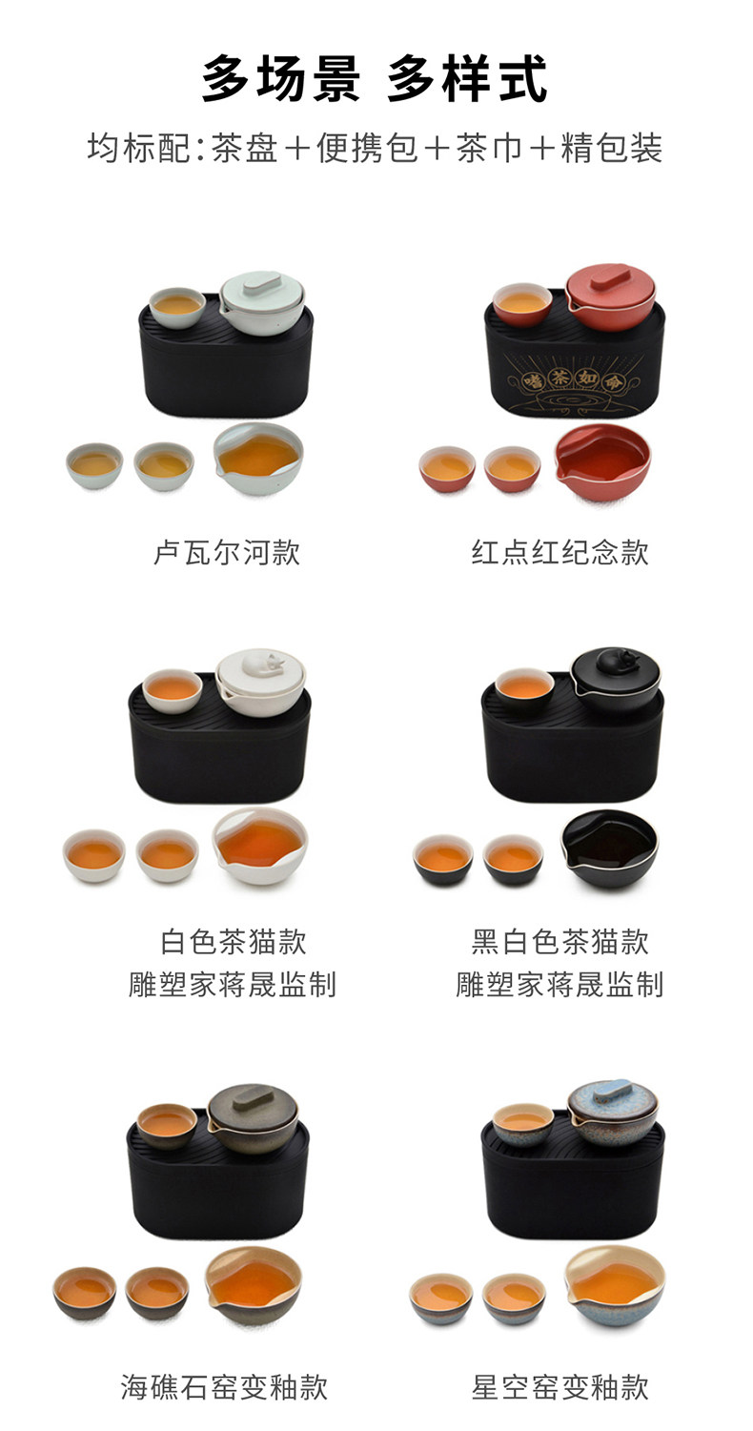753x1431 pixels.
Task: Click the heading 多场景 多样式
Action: coord(376,79)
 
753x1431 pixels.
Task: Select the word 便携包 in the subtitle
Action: coord(367,149)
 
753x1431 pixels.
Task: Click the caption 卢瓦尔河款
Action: coord(227,552)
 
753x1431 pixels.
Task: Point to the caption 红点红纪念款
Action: coord(560,552)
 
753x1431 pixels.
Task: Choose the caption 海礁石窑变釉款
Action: coord(224,1387)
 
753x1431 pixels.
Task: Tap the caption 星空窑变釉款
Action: coord(560,1387)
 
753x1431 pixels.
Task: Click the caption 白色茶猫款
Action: coord(234,942)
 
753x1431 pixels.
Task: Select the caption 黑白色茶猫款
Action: coord(560,942)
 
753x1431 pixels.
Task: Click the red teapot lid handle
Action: coord(609,273)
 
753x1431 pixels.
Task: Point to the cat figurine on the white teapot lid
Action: coord(263,661)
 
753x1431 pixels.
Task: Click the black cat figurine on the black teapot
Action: coord(616,659)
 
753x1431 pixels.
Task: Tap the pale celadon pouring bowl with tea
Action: coord(257,458)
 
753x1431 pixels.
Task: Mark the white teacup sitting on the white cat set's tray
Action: coord(173,688)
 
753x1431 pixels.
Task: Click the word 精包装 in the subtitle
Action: coord(611,149)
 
